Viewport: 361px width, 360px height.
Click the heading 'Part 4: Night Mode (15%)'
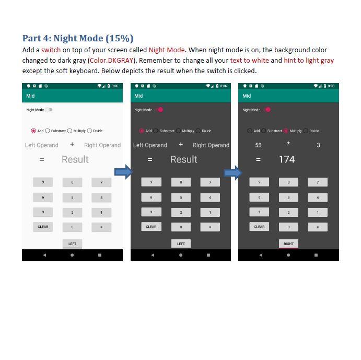coord(77,38)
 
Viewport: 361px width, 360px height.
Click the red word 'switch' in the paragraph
coord(51,50)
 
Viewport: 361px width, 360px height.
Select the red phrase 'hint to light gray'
coord(309,61)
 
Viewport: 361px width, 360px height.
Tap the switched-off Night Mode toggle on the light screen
coord(49,110)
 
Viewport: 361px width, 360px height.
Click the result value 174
coord(286,159)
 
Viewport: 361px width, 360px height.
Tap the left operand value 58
coord(258,145)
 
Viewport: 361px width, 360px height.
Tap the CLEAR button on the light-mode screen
coord(43,227)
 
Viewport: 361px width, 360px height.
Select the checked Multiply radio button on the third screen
coord(286,131)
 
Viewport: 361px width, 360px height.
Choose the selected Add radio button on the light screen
coord(34,131)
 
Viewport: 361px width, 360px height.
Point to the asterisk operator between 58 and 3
coord(288,144)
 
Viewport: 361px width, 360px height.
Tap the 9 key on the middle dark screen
coord(151,182)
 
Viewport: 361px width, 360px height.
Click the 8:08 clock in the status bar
coord(331,86)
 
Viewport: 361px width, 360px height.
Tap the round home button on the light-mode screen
coord(72,255)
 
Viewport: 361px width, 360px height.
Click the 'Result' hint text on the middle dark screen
coord(183,159)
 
